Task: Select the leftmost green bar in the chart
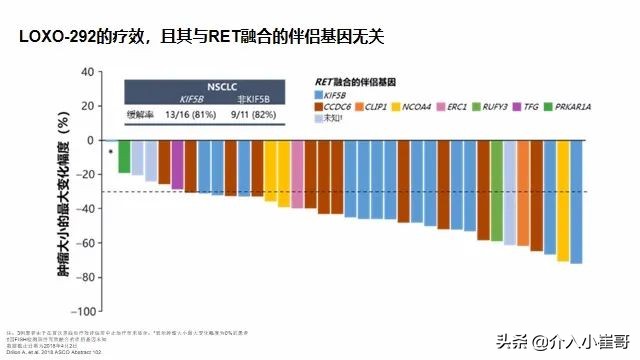coord(124,157)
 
